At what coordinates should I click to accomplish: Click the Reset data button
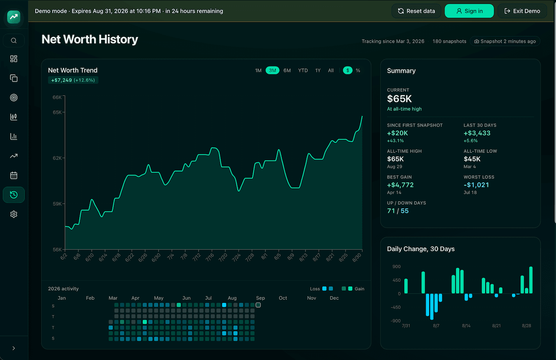pyautogui.click(x=416, y=11)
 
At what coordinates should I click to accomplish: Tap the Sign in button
pyautogui.click(x=469, y=11)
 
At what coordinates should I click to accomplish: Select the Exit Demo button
pyautogui.click(x=522, y=11)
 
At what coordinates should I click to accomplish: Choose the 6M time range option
pyautogui.click(x=287, y=70)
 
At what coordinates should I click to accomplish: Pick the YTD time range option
pyautogui.click(x=303, y=70)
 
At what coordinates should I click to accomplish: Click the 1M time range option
pyautogui.click(x=258, y=70)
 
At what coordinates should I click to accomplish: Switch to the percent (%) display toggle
pyautogui.click(x=358, y=70)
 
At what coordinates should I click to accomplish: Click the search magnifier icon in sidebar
pyautogui.click(x=14, y=40)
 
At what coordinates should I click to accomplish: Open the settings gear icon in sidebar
pyautogui.click(x=14, y=214)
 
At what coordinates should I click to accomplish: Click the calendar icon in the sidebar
pyautogui.click(x=14, y=175)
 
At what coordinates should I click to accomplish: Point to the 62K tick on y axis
pyautogui.click(x=57, y=158)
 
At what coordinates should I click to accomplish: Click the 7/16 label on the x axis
pyautogui.click(x=210, y=257)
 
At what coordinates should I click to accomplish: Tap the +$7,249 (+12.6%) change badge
pyautogui.click(x=73, y=80)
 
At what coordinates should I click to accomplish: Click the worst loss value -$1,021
pyautogui.click(x=476, y=185)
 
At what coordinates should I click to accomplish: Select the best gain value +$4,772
pyautogui.click(x=400, y=185)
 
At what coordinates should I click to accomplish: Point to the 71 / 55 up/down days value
pyautogui.click(x=398, y=211)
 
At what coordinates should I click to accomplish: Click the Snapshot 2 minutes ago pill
pyautogui.click(x=505, y=41)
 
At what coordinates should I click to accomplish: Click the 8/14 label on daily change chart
pyautogui.click(x=466, y=326)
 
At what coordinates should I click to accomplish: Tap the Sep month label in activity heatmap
pyautogui.click(x=261, y=298)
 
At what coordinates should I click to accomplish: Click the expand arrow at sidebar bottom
pyautogui.click(x=14, y=348)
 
